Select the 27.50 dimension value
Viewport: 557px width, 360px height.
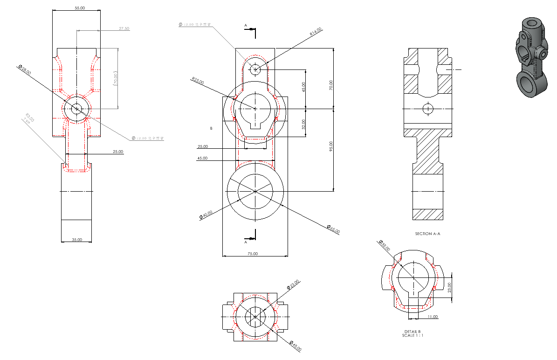click(124, 28)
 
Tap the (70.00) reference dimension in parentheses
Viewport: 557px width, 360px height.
click(116, 78)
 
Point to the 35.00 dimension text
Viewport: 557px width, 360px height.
click(76, 240)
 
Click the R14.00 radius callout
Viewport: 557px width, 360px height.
click(316, 32)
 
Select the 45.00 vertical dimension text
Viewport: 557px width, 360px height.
click(304, 87)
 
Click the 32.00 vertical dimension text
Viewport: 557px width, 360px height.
click(304, 123)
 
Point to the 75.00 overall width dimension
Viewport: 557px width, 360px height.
click(253, 254)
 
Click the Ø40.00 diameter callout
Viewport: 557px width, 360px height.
click(206, 215)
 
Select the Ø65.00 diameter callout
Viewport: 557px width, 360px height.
click(333, 229)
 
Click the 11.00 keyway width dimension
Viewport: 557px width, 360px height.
click(433, 317)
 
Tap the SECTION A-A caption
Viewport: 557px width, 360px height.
click(427, 234)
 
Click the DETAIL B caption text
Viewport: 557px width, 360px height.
click(413, 331)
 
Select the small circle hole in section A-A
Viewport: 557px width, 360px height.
click(427, 109)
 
